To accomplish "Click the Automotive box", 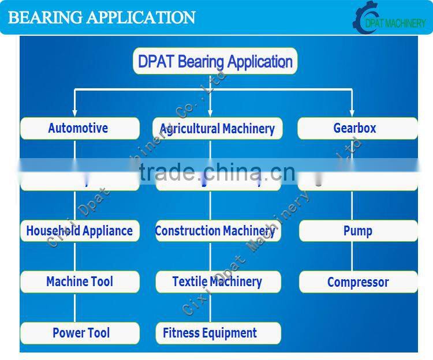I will (x=80, y=128).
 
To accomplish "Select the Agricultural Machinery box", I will (x=217, y=129).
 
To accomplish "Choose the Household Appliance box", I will (x=80, y=231).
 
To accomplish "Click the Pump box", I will (x=358, y=231).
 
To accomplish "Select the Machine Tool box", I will (x=80, y=282).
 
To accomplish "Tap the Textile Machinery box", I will (x=218, y=282).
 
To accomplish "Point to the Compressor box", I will (x=358, y=282).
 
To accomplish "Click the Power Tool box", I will (x=80, y=333).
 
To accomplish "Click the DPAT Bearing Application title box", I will (x=215, y=62).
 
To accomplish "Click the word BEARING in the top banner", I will (x=46, y=17).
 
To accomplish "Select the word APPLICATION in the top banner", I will (x=141, y=17).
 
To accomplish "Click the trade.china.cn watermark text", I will (x=217, y=172).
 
